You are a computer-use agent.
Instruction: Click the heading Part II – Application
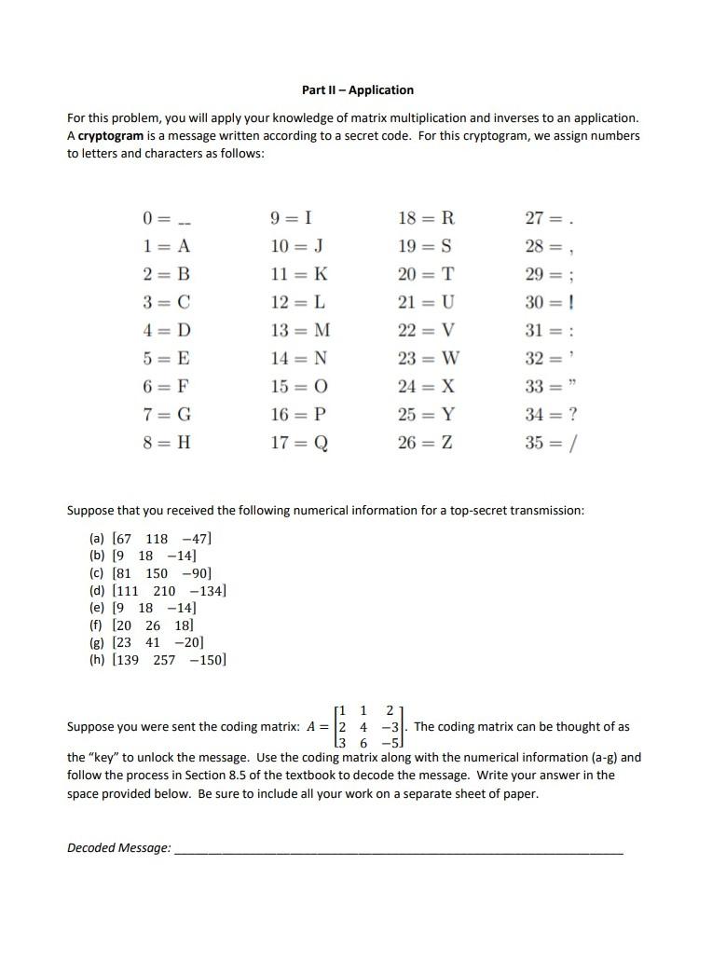tap(358, 90)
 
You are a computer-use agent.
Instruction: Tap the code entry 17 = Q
tap(297, 444)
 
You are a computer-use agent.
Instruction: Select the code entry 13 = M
tap(298, 331)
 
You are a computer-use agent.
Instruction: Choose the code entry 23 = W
tap(428, 359)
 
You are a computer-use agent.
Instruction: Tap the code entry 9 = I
tap(290, 219)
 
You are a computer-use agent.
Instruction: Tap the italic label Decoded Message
tap(119, 847)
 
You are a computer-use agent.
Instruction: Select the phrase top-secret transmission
tap(512, 511)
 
